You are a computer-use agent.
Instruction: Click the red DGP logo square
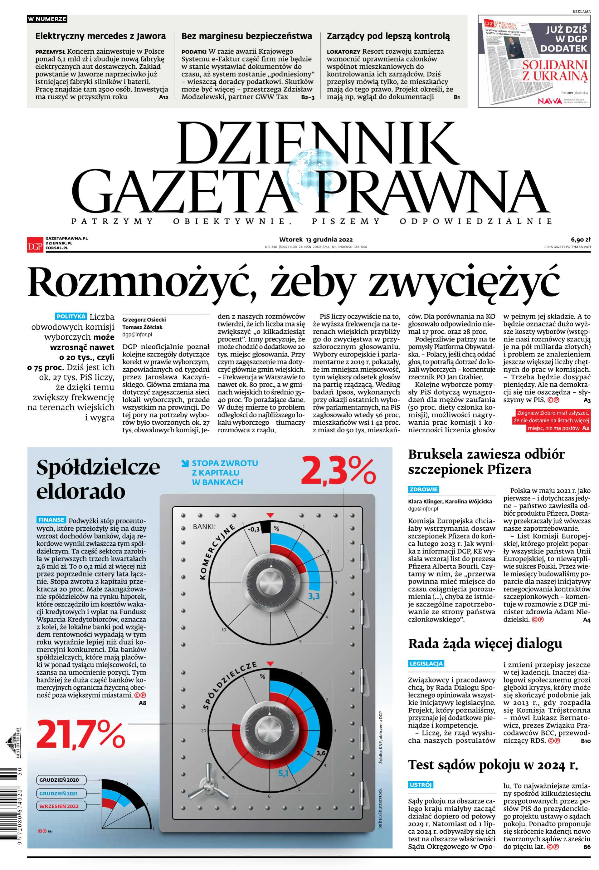35,244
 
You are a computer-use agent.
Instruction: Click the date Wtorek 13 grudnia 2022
316,239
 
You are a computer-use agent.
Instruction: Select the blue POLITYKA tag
71,316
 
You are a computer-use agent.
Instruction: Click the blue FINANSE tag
51,520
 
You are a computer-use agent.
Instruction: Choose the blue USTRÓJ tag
420,785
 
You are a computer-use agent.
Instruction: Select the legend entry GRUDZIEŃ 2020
59,780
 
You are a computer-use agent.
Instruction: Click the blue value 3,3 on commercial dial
314,596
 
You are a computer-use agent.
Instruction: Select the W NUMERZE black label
47,19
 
